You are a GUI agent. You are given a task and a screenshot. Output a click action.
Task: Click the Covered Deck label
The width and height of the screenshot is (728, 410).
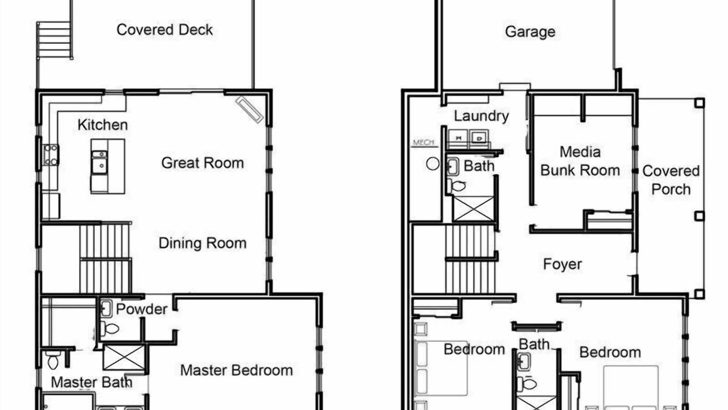164,30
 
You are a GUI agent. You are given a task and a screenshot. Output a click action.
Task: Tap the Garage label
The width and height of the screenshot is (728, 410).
530,32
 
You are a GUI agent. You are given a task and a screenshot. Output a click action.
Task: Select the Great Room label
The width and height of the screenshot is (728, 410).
202,163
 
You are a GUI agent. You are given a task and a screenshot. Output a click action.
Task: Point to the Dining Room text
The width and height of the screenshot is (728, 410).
202,243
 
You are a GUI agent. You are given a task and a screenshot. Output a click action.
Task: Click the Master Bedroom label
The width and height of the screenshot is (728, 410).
237,370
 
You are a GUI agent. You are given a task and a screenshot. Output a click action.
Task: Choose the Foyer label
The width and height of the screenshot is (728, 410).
562,264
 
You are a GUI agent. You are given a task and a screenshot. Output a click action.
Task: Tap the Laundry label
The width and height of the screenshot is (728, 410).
481,117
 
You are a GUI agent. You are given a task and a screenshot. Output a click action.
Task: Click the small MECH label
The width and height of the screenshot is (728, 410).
424,142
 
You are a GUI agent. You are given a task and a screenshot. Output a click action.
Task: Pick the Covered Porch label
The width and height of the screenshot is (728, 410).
671,180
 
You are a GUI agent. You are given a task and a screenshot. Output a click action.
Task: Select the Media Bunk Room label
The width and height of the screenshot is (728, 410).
580,161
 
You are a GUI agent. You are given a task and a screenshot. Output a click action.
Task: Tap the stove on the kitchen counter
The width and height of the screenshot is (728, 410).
51,155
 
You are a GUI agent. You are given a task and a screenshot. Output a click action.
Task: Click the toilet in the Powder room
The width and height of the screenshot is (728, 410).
110,329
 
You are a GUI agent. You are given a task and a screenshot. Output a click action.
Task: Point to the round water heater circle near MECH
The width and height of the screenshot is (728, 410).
433,163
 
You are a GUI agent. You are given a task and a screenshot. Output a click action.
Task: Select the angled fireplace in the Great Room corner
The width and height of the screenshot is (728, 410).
250,110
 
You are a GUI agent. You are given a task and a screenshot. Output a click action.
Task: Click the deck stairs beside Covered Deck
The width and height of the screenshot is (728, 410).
55,40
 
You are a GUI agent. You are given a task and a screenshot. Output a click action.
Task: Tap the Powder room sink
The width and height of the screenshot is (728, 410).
106,309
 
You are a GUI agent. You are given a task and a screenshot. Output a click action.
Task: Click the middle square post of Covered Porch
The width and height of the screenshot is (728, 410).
700,216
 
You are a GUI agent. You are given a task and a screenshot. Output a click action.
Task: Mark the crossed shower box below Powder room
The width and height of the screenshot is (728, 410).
124,357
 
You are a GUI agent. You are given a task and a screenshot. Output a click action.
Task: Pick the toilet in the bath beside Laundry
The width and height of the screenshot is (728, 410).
457,186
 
